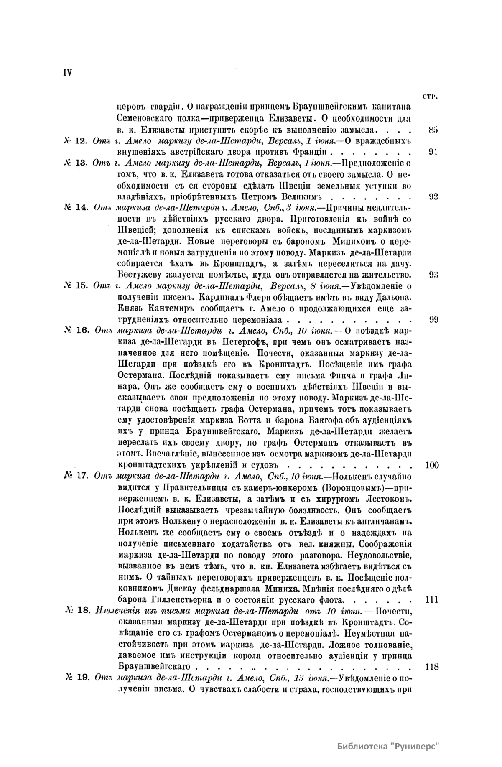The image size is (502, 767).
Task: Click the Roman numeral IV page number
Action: [67, 71]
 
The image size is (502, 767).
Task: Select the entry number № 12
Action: [75, 140]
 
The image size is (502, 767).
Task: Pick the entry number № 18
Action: [78, 611]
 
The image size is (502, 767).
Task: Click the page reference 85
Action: [433, 129]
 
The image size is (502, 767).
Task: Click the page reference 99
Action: [433, 320]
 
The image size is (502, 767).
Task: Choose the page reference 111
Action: [431, 600]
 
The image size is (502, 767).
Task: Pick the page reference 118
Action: [431, 667]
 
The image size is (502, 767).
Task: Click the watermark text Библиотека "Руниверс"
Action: [389, 747]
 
